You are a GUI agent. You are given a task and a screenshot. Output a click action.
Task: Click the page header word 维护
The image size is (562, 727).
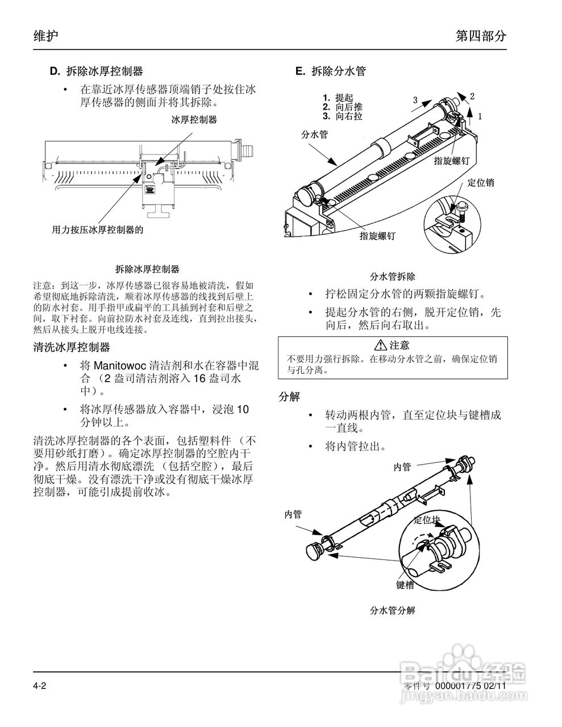coord(46,36)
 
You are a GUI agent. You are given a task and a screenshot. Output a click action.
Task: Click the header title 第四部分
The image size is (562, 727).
coord(481,36)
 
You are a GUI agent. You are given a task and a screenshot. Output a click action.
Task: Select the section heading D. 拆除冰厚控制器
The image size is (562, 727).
coord(96,71)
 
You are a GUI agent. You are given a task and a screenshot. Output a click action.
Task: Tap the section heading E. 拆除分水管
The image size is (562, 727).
coord(331,71)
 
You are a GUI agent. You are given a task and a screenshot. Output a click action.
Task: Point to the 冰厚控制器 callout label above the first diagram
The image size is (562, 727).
coord(194,119)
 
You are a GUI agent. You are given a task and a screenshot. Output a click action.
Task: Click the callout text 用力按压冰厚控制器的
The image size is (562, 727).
coord(97,229)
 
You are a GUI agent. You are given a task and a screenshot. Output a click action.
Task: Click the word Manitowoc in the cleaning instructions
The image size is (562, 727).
coord(119,364)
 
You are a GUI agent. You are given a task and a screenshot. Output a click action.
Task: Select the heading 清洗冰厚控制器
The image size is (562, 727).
coord(72,346)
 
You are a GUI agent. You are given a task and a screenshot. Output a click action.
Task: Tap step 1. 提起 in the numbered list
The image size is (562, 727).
coord(338,98)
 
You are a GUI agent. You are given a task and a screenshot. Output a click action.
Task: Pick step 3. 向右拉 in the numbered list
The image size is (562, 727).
coord(342,116)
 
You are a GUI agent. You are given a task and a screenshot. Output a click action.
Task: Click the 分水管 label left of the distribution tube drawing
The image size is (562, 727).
coord(314,135)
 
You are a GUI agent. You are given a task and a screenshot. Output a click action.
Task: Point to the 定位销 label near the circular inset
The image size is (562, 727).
coord(480,182)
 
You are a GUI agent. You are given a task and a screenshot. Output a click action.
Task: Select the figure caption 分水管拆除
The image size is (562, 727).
coord(392,277)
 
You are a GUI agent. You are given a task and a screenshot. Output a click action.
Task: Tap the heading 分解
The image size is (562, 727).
coord(289,396)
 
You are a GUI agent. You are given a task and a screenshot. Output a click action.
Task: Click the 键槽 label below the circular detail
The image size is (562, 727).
coord(405,584)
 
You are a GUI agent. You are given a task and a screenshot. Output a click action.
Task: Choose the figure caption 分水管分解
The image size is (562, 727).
coord(392,611)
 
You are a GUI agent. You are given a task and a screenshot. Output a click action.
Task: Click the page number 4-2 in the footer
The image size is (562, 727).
coord(39,686)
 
